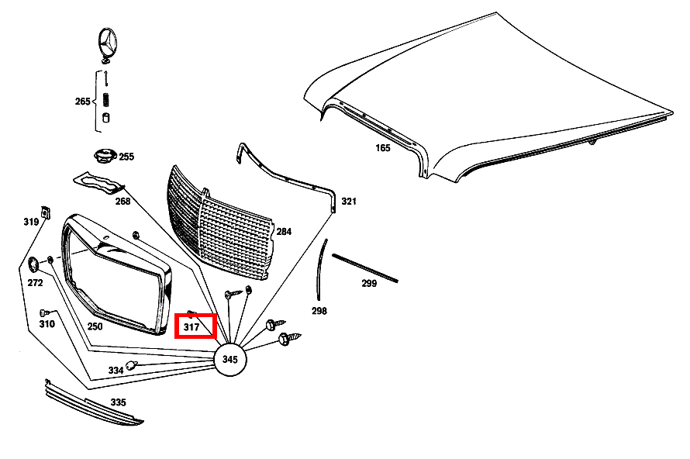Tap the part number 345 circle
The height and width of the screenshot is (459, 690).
coord(229,359)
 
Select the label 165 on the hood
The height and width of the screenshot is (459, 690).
coord(383,147)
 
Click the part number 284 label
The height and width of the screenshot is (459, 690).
coord(284,231)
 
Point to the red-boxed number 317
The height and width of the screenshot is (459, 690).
coord(191,328)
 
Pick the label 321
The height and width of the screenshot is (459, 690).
coord(349,202)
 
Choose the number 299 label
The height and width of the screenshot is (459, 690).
coord(369,283)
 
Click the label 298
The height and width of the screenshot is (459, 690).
coord(319,311)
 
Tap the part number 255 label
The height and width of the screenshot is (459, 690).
coord(126,157)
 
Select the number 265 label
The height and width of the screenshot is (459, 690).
coord(83,102)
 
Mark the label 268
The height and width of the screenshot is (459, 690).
coord(123,202)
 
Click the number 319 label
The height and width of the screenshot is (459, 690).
coord(31,222)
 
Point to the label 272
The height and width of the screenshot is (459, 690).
coord(35,283)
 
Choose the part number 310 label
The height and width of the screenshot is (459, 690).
coord(47,323)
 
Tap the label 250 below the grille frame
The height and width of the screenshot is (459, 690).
coord(95,326)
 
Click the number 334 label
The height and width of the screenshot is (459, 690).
coord(116,371)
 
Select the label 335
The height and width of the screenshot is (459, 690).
coord(118,402)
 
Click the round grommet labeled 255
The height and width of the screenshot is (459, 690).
coord(103,157)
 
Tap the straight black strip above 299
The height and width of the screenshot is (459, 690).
coord(365,266)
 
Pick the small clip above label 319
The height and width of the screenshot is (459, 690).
coord(46,212)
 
